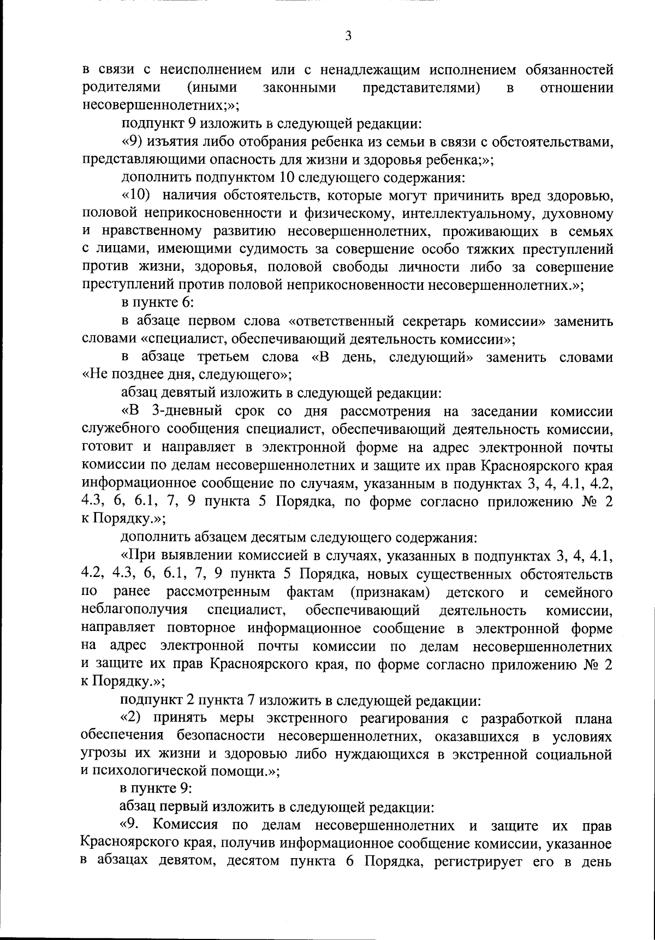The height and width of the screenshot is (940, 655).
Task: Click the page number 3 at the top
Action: pos(348,36)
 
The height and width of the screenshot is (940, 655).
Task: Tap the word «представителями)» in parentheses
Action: pos(421,88)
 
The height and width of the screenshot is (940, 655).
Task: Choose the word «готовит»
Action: pos(108,447)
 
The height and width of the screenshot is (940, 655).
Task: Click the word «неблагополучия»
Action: pos(134,610)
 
